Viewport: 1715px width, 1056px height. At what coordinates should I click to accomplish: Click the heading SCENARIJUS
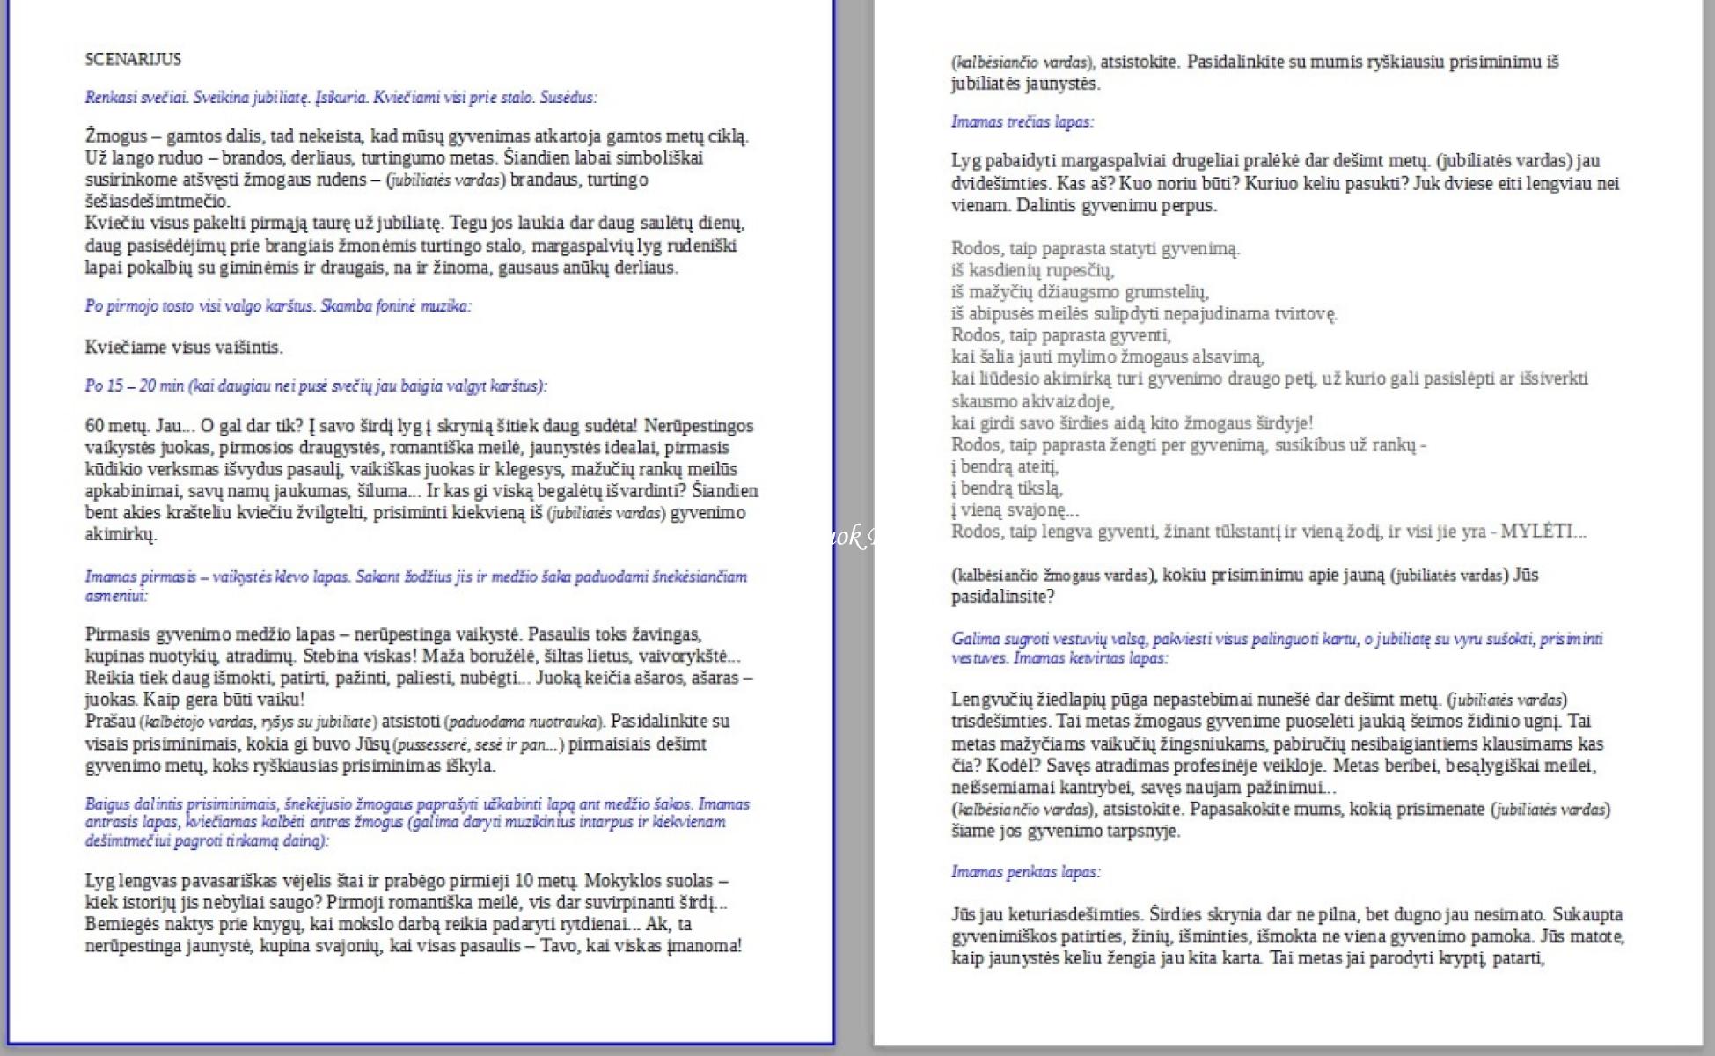[133, 59]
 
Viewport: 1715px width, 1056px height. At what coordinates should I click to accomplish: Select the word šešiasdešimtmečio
[157, 202]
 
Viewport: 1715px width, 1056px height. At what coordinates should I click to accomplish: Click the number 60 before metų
[94, 426]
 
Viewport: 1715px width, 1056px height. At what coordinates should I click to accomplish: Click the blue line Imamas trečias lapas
[1022, 122]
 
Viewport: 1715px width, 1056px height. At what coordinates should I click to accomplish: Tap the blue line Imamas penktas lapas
[1025, 872]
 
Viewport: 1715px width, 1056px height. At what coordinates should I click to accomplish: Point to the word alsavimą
[1215, 357]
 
